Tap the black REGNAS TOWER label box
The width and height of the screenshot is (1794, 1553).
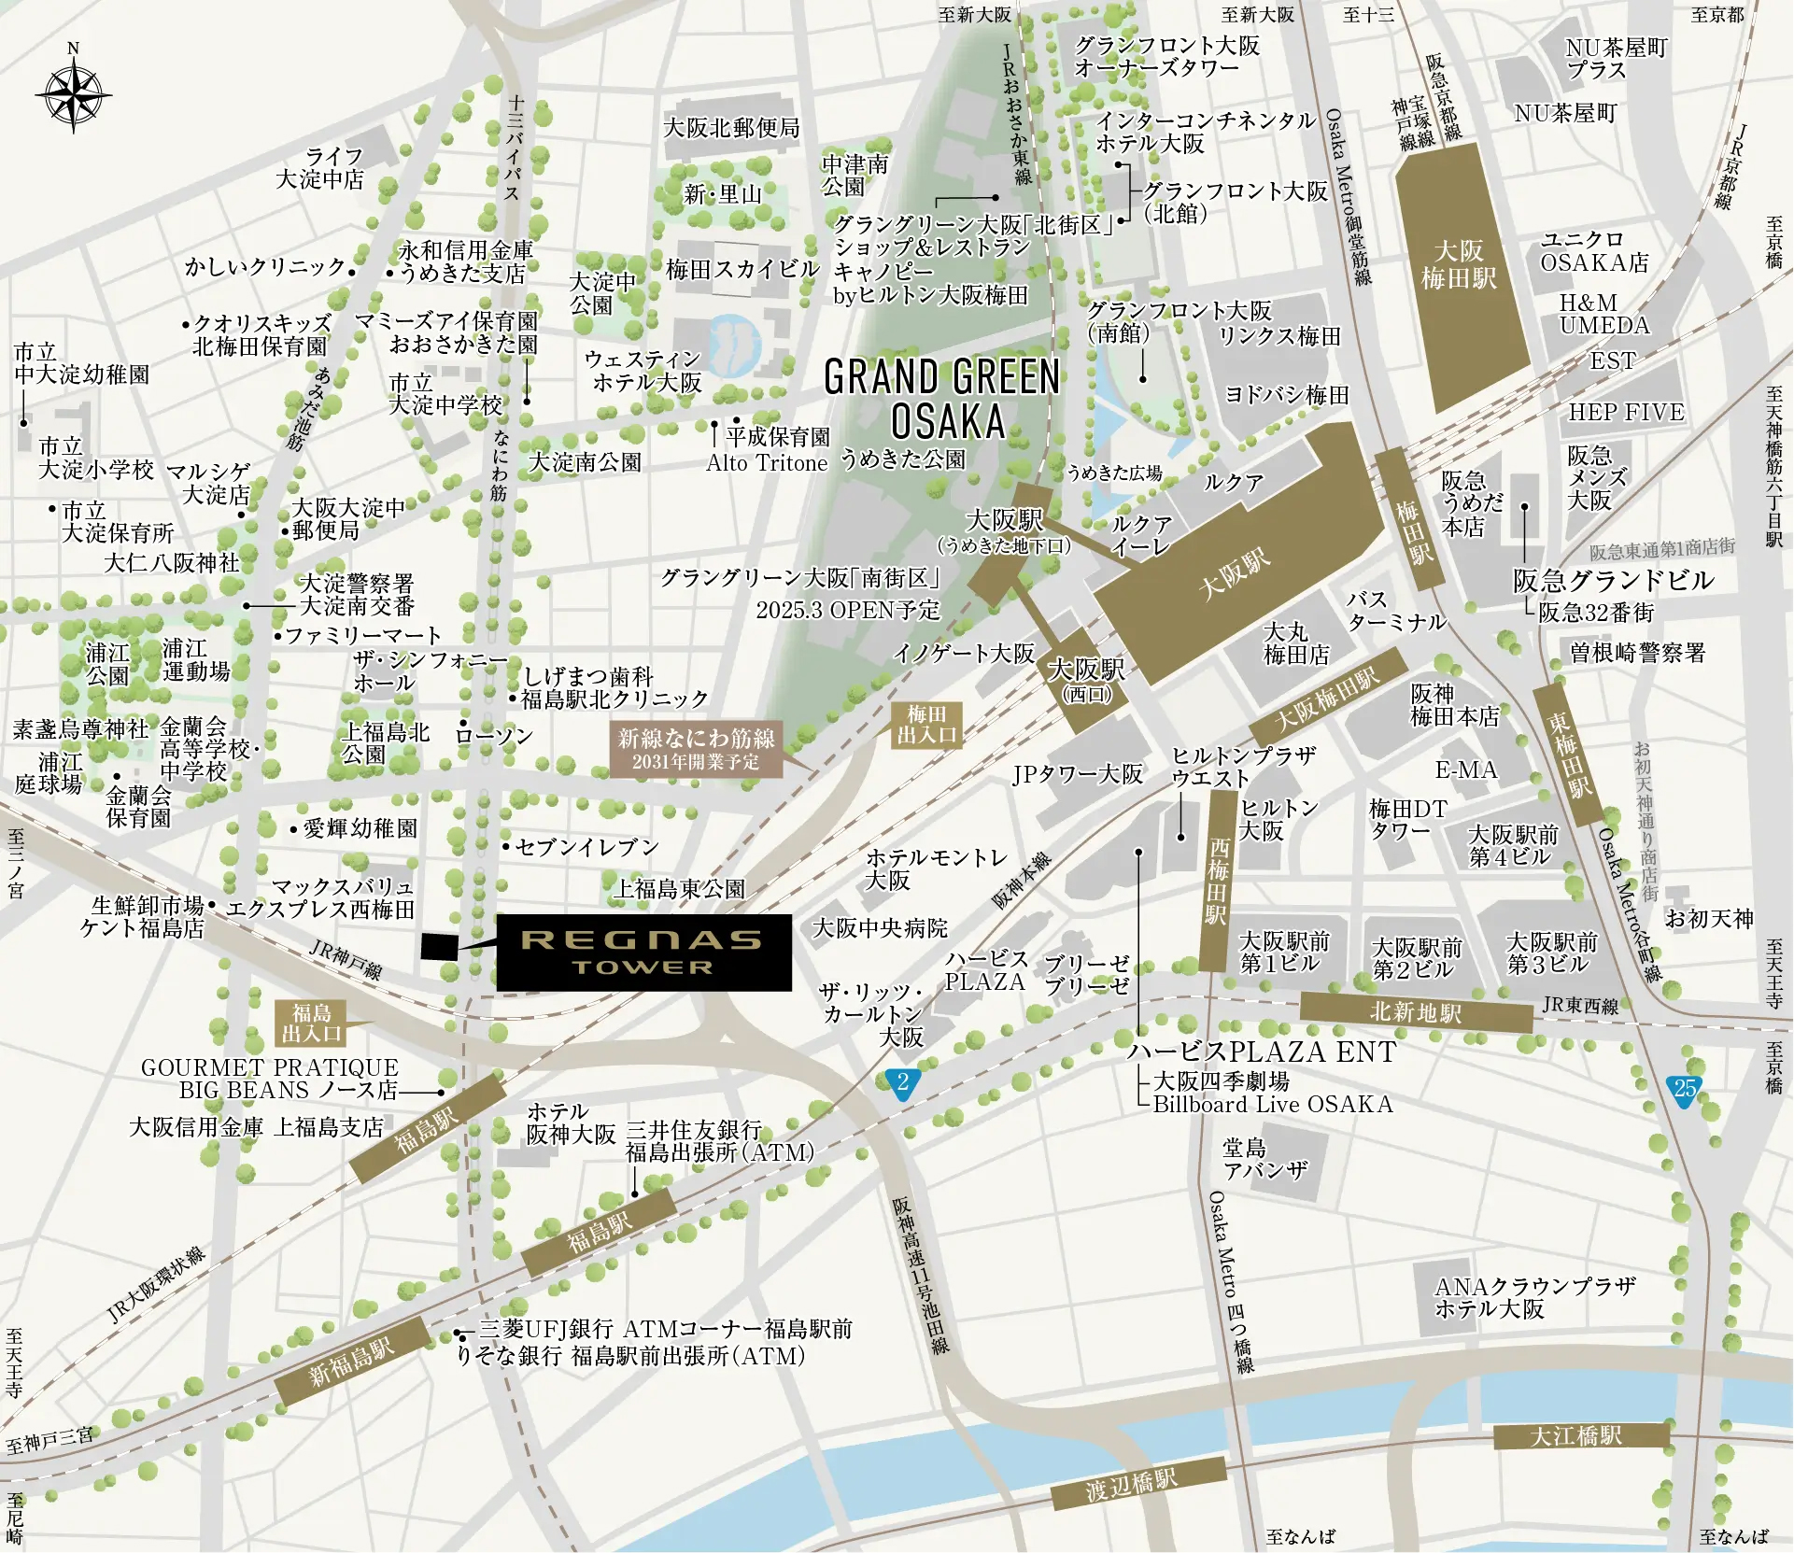643,952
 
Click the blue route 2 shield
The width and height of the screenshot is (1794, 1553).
902,1083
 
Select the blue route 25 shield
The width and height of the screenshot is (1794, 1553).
1684,1089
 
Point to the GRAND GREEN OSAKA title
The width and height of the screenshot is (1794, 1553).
943,399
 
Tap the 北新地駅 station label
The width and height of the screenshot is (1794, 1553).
1416,1012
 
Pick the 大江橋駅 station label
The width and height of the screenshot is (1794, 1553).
1580,1436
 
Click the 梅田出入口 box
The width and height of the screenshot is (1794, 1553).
926,725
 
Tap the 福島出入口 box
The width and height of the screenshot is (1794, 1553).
312,1023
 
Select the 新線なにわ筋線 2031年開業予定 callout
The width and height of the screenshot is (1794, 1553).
696,749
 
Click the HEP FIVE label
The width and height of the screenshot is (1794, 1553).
1625,413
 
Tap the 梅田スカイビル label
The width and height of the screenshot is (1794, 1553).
742,270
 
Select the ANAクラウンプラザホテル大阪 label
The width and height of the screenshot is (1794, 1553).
1534,1298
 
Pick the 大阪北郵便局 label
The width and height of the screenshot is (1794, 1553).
731,127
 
